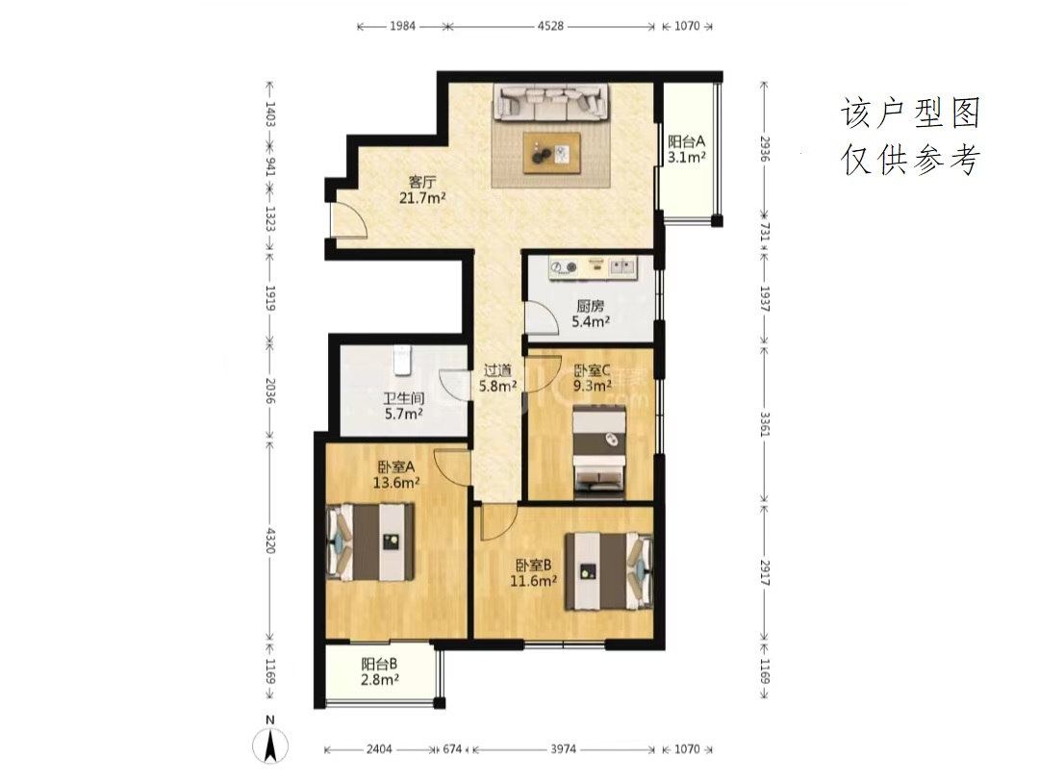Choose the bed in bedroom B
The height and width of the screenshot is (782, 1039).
pyautogui.click(x=608, y=571)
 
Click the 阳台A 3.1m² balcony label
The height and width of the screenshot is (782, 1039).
pyautogui.click(x=686, y=149)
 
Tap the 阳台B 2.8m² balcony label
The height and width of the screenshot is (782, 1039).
pyautogui.click(x=380, y=671)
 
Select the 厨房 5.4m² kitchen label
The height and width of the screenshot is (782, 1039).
pyautogui.click(x=591, y=314)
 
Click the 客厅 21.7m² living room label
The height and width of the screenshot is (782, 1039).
pyautogui.click(x=422, y=189)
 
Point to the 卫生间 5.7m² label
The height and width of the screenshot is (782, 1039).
pyautogui.click(x=403, y=406)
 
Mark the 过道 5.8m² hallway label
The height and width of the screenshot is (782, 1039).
pyautogui.click(x=497, y=378)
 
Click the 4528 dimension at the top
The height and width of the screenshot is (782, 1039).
pyautogui.click(x=550, y=26)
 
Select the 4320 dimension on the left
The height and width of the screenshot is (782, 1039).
pyautogui.click(x=269, y=541)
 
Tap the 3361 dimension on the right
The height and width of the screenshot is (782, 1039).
pyautogui.click(x=765, y=424)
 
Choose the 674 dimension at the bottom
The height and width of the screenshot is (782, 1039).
pyautogui.click(x=452, y=749)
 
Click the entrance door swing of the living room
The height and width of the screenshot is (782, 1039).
pyautogui.click(x=349, y=218)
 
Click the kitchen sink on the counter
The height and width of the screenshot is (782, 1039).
pyautogui.click(x=621, y=267)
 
